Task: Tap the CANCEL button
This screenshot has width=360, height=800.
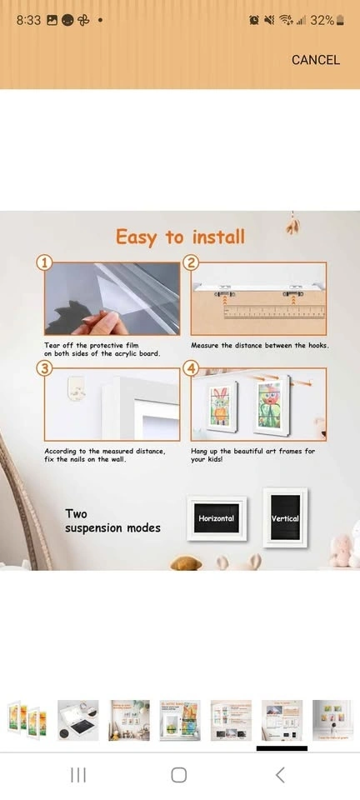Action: point(316,60)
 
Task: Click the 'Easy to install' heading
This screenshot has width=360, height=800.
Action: point(180,237)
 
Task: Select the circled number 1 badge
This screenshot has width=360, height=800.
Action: point(44,262)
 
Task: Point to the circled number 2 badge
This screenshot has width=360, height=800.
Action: point(192,262)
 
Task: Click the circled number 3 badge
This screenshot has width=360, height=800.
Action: point(44,369)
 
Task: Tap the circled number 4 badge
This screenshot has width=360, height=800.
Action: point(192,369)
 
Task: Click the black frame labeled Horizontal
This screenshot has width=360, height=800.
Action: point(216,518)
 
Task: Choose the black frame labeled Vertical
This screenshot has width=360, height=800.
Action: point(285,517)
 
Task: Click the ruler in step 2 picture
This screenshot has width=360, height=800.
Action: point(274,312)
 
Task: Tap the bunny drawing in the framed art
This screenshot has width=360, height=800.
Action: point(221,406)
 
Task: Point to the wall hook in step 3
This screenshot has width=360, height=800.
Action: point(76,388)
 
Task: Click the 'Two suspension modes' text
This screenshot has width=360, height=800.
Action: point(112,521)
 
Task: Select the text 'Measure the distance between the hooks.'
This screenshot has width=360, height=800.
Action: point(259,345)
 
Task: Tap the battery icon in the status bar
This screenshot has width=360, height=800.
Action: point(340,20)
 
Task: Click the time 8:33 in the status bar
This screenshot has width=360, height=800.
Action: point(28,20)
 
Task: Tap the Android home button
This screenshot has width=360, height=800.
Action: point(179,775)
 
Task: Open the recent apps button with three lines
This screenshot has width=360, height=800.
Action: point(78,775)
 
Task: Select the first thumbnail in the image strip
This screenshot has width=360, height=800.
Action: point(27,720)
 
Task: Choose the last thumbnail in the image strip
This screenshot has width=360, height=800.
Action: point(332,720)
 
